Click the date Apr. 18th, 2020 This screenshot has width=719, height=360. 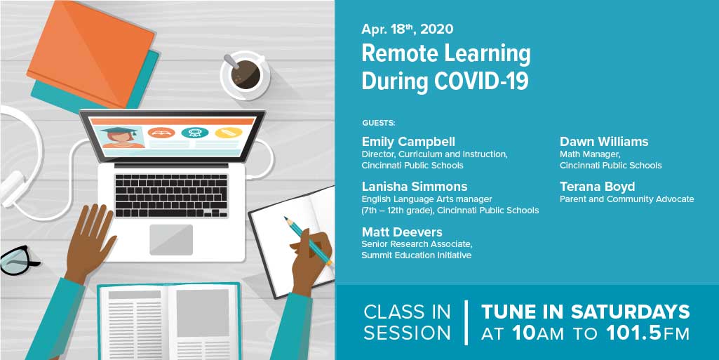pyautogui.click(x=407, y=29)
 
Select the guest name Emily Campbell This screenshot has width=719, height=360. pyautogui.click(x=408, y=142)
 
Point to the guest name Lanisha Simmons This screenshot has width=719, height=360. pyautogui.click(x=414, y=187)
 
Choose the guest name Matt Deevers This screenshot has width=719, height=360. pyautogui.click(x=402, y=232)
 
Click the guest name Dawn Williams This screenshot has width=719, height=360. pyautogui.click(x=603, y=142)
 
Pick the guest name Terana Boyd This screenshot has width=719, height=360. pyautogui.click(x=597, y=187)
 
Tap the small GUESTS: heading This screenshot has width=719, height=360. pyautogui.click(x=379, y=123)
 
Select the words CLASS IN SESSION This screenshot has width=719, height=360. pyautogui.click(x=407, y=322)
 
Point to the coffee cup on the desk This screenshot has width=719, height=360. pyautogui.click(x=245, y=74)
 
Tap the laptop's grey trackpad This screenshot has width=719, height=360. pyautogui.click(x=170, y=239)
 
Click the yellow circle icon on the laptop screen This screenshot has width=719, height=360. pyautogui.click(x=227, y=133)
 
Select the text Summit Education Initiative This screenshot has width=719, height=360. pyautogui.click(x=416, y=255)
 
